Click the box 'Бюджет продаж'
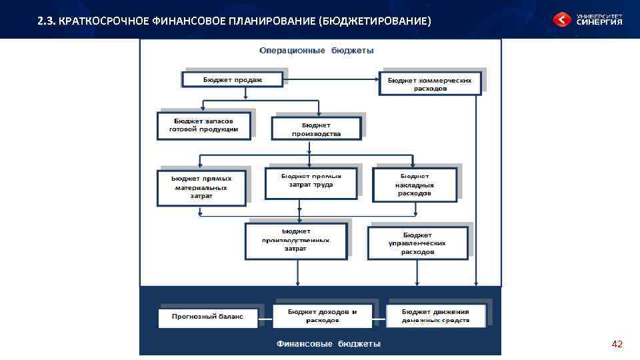(x=233, y=80)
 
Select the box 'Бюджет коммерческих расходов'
(x=429, y=84)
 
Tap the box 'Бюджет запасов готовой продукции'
(x=203, y=125)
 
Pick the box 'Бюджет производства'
(x=316, y=129)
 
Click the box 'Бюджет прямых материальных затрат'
(x=201, y=188)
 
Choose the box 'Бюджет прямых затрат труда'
(x=311, y=183)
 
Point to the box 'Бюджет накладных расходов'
(x=415, y=185)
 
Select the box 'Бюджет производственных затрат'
(x=295, y=240)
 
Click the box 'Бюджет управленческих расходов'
(x=417, y=243)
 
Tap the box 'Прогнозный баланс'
(x=207, y=317)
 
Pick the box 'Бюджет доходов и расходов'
(x=322, y=316)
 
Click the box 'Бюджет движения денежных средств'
(x=435, y=316)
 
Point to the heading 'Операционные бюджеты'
(x=316, y=51)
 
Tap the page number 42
(x=617, y=344)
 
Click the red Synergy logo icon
(x=562, y=20)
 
